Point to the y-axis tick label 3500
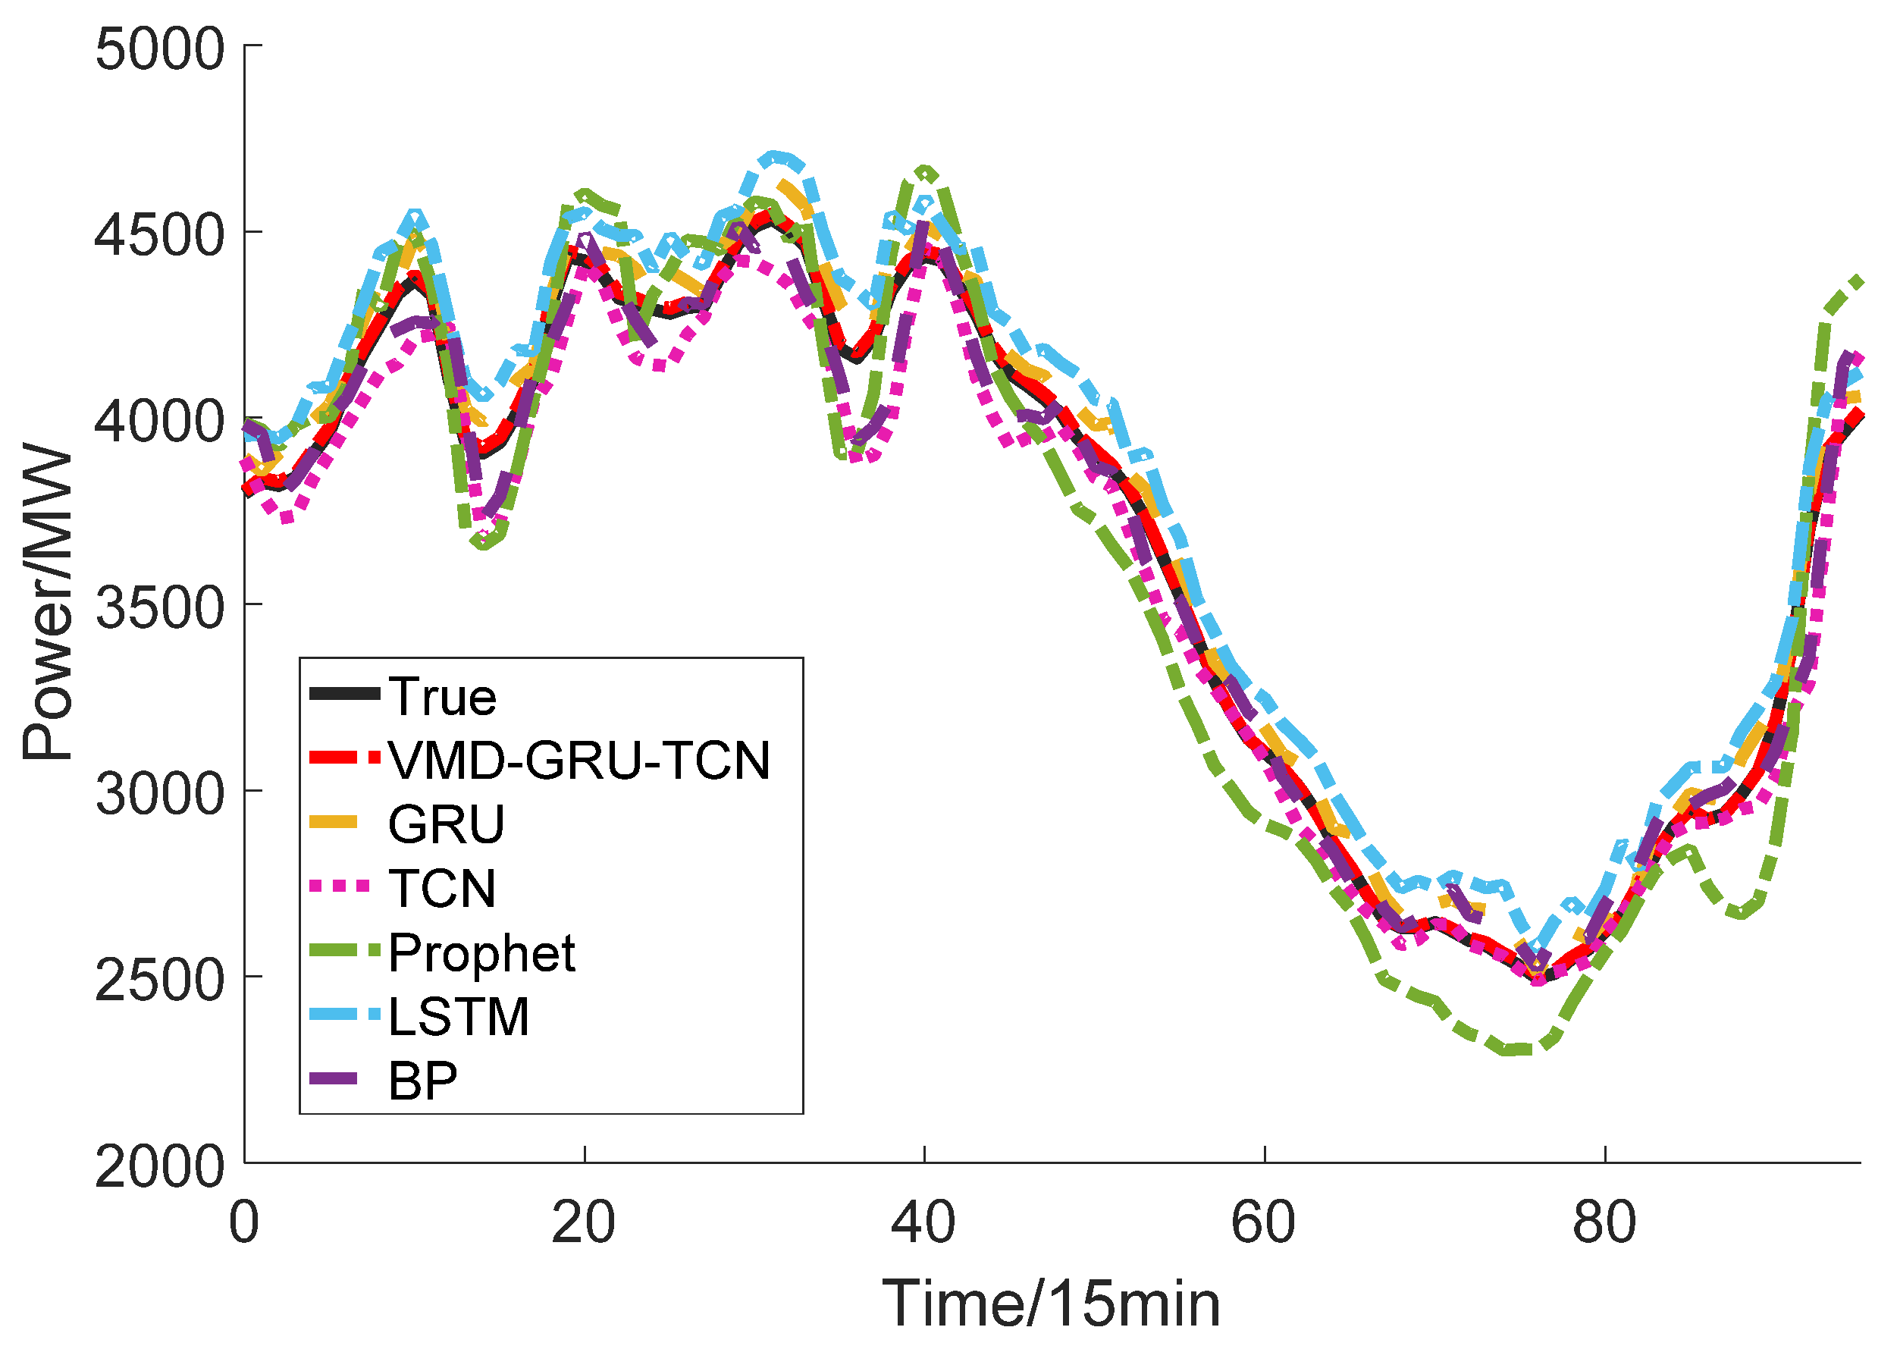(159, 608)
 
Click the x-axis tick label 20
(584, 1222)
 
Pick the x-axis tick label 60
(1264, 1222)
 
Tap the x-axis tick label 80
(1605, 1222)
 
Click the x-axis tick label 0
(244, 1222)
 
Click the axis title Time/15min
(1052, 1304)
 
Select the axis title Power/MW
(48, 604)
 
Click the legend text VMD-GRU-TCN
(579, 760)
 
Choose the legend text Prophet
(481, 953)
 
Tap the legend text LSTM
(458, 1017)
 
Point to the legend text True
(443, 696)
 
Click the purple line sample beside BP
(334, 1079)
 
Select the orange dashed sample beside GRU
(334, 822)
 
